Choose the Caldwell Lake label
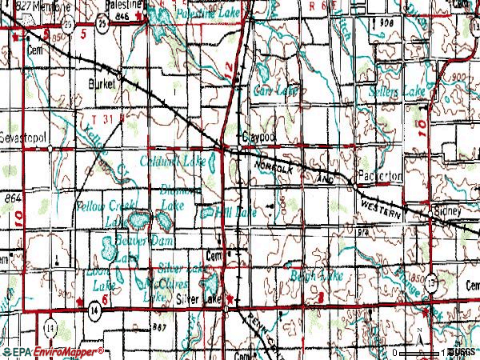point(173,162)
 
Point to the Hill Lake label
point(240,212)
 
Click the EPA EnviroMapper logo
point(53,351)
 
